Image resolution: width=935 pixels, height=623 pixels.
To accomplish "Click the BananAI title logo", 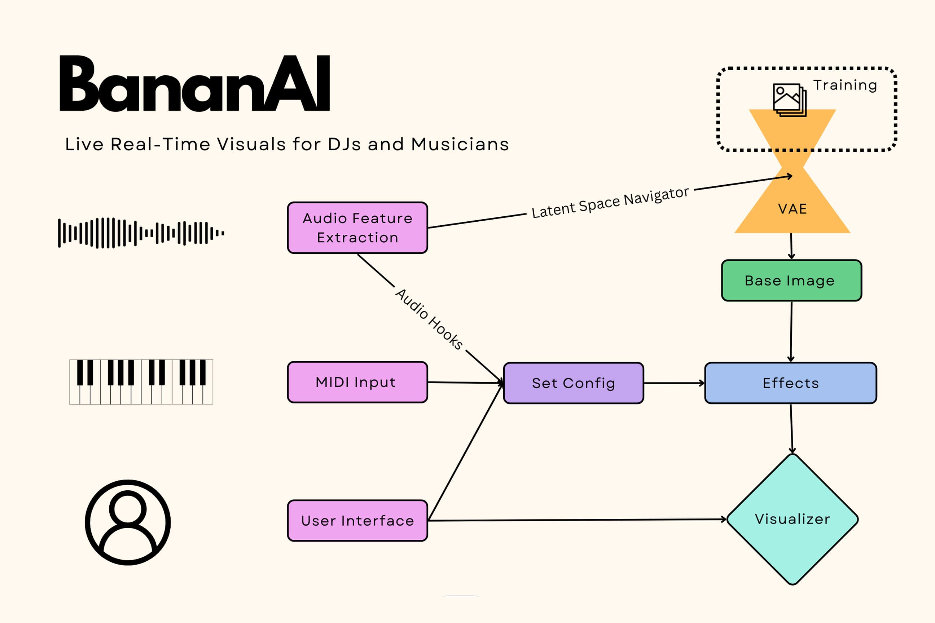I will pos(194,83).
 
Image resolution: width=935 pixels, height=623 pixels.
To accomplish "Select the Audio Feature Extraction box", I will pos(357,227).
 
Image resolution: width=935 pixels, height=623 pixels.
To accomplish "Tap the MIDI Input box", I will pos(357,382).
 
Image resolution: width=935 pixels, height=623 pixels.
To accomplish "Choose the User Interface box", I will pos(357,521).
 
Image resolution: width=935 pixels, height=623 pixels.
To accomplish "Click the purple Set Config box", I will pos(573,383).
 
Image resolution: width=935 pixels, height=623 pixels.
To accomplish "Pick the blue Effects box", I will pos(790,383).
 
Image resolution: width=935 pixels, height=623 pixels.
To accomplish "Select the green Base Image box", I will pos(791,280).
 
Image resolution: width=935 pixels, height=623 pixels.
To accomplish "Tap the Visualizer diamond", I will pos(792,519).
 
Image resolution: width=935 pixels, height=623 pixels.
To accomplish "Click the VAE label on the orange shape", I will pos(792,209).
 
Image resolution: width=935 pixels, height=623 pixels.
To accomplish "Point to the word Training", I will pos(845,85).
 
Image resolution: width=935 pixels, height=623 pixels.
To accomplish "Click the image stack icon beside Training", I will pos(790,100).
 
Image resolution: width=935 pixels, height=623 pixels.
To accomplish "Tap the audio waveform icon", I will pos(141,233).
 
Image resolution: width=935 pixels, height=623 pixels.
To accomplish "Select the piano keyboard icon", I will pos(141,382).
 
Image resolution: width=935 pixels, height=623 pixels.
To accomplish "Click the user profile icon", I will pos(128,522).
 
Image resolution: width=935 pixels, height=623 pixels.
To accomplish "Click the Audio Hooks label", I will pos(429,319).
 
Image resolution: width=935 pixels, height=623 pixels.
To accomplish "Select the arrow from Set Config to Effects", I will pos(674,383).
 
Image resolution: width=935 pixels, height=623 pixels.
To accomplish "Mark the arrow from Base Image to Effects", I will pos(791,331).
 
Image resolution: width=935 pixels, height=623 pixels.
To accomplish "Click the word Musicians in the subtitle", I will pos(460,144).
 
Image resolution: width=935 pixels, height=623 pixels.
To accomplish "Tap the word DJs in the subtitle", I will pos(344,144).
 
